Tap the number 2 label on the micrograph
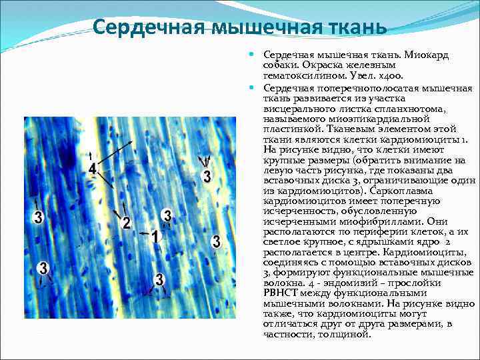click(x=127, y=223)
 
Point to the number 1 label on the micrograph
click(x=155, y=237)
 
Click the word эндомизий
click(x=328, y=281)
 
